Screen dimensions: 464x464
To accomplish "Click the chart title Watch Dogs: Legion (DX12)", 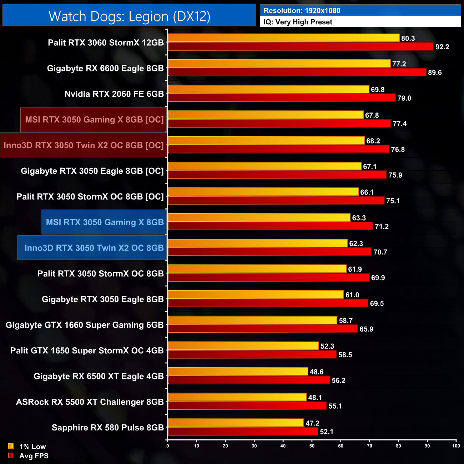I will click(x=129, y=16).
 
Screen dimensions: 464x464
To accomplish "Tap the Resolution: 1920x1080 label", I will click(x=302, y=11).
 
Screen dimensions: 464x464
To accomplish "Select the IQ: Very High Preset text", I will click(x=298, y=22).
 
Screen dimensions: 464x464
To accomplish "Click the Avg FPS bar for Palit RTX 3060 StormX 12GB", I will click(x=301, y=46).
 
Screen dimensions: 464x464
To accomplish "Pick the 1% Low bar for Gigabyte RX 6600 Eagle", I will click(x=279, y=64).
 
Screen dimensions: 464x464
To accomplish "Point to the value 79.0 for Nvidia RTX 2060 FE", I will click(x=404, y=98).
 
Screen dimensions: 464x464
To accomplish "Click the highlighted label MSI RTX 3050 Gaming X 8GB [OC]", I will click(x=94, y=120).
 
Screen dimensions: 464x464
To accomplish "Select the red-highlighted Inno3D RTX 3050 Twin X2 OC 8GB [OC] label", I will click(x=84, y=145).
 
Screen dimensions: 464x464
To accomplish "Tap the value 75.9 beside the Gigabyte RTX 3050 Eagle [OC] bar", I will click(x=395, y=175).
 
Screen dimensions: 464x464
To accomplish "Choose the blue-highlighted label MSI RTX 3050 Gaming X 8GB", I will click(x=105, y=222).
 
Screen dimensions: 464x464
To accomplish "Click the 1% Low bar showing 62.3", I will click(x=257, y=243).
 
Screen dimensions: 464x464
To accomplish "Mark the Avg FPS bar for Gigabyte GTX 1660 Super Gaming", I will click(x=263, y=329).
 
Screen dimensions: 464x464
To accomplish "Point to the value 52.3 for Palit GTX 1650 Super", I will click(x=327, y=346).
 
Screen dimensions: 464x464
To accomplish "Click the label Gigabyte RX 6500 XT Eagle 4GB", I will click(x=99, y=376).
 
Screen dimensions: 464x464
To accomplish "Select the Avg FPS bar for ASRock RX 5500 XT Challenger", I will click(x=247, y=406).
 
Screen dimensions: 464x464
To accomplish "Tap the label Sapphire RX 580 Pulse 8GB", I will click(x=107, y=428).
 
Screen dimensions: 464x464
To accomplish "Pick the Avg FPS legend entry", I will click(x=28, y=456).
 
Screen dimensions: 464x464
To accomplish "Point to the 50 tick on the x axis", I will click(x=312, y=446).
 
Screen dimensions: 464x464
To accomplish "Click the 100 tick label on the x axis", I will click(x=456, y=446).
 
